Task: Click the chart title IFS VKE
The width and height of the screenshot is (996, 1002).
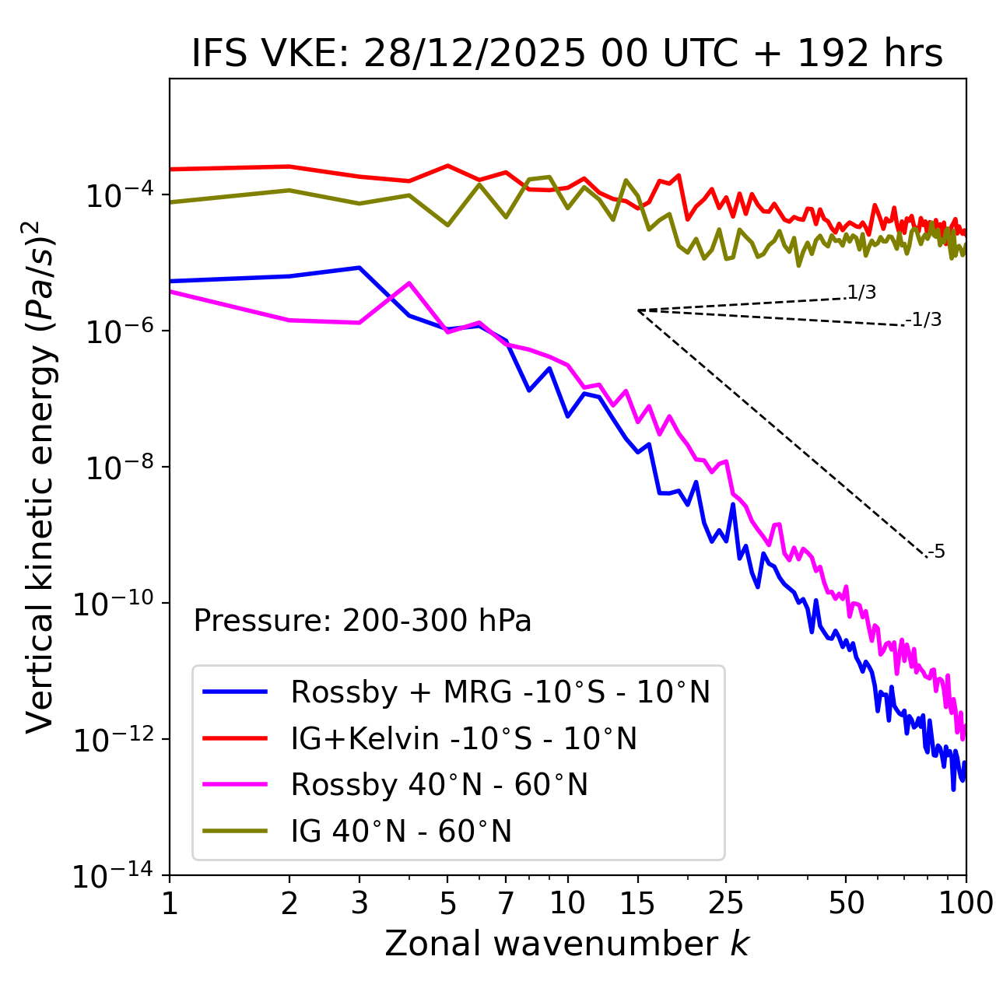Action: pos(567,54)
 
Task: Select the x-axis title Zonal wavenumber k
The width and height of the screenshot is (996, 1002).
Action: pos(567,944)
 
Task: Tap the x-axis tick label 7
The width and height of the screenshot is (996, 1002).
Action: pos(506,903)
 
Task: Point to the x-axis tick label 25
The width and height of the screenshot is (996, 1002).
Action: pos(725,903)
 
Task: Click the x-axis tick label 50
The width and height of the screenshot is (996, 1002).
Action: pos(846,903)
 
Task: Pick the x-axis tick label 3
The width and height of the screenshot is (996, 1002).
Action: pos(359,903)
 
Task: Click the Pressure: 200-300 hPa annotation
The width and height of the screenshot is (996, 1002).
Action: pos(362,621)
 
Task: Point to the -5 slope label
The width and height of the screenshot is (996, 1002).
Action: pos(936,552)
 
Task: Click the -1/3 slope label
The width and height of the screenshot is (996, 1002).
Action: pos(924,320)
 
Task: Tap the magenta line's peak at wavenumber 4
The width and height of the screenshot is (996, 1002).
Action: pos(409,283)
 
